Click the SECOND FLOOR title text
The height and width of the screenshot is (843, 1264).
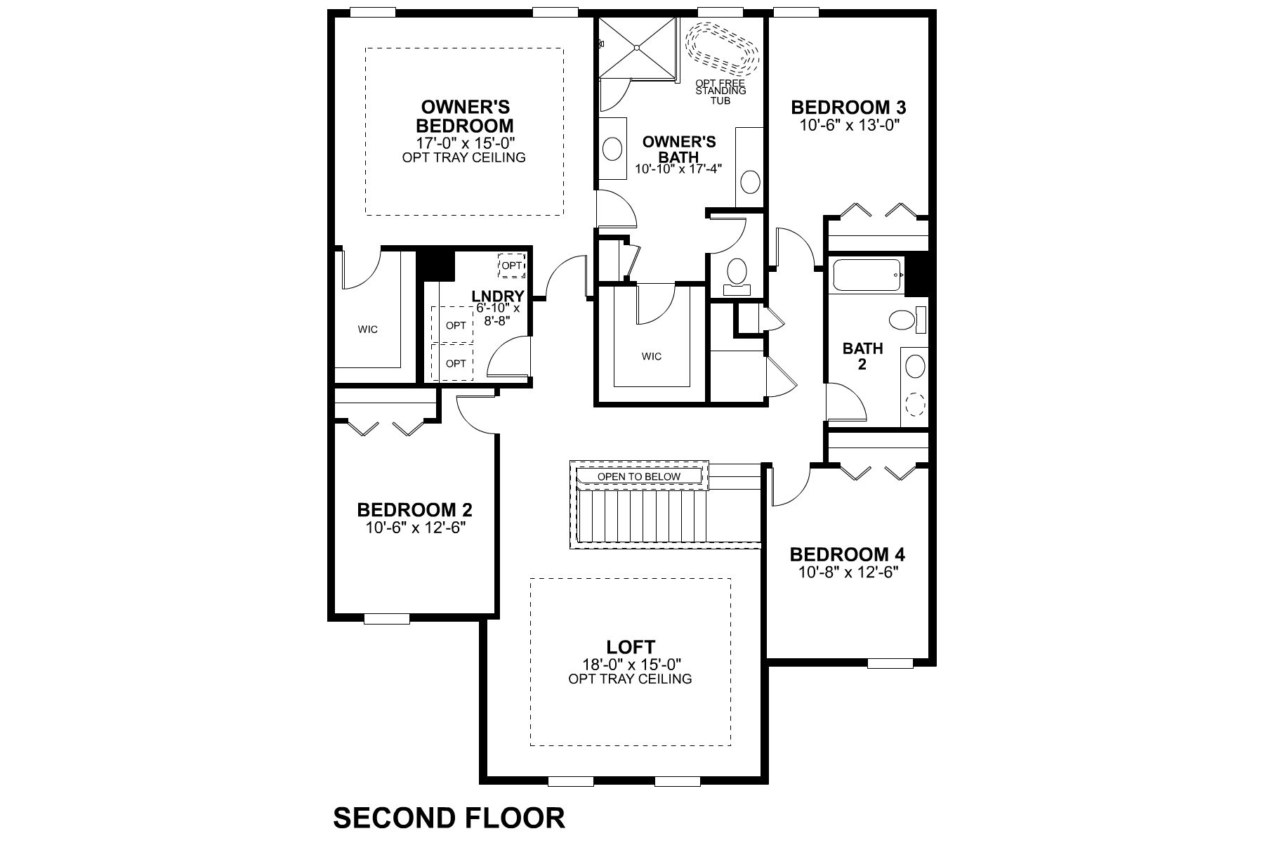pyautogui.click(x=448, y=818)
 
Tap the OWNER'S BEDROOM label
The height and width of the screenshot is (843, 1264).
pyautogui.click(x=465, y=117)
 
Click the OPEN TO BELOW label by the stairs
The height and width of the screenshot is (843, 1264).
pyautogui.click(x=639, y=476)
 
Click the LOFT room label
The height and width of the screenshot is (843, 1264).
pyautogui.click(x=631, y=647)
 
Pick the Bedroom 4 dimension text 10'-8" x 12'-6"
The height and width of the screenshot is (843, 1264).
pyautogui.click(x=848, y=572)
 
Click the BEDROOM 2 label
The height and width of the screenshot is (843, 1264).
pyautogui.click(x=414, y=509)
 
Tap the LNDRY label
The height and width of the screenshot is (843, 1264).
pyautogui.click(x=498, y=296)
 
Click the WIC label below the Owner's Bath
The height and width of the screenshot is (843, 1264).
pyautogui.click(x=651, y=356)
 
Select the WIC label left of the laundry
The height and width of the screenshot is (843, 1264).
pyautogui.click(x=367, y=329)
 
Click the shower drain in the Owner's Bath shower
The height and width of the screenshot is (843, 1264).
pyautogui.click(x=637, y=47)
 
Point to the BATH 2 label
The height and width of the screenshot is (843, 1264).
pyautogui.click(x=862, y=356)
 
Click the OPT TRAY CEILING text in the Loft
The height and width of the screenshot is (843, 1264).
pyautogui.click(x=630, y=679)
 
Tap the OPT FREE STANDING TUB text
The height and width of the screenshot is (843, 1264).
pyautogui.click(x=720, y=91)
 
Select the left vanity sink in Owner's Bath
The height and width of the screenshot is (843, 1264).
pyautogui.click(x=612, y=150)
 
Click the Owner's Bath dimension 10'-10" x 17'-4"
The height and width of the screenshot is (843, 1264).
pyautogui.click(x=678, y=169)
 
